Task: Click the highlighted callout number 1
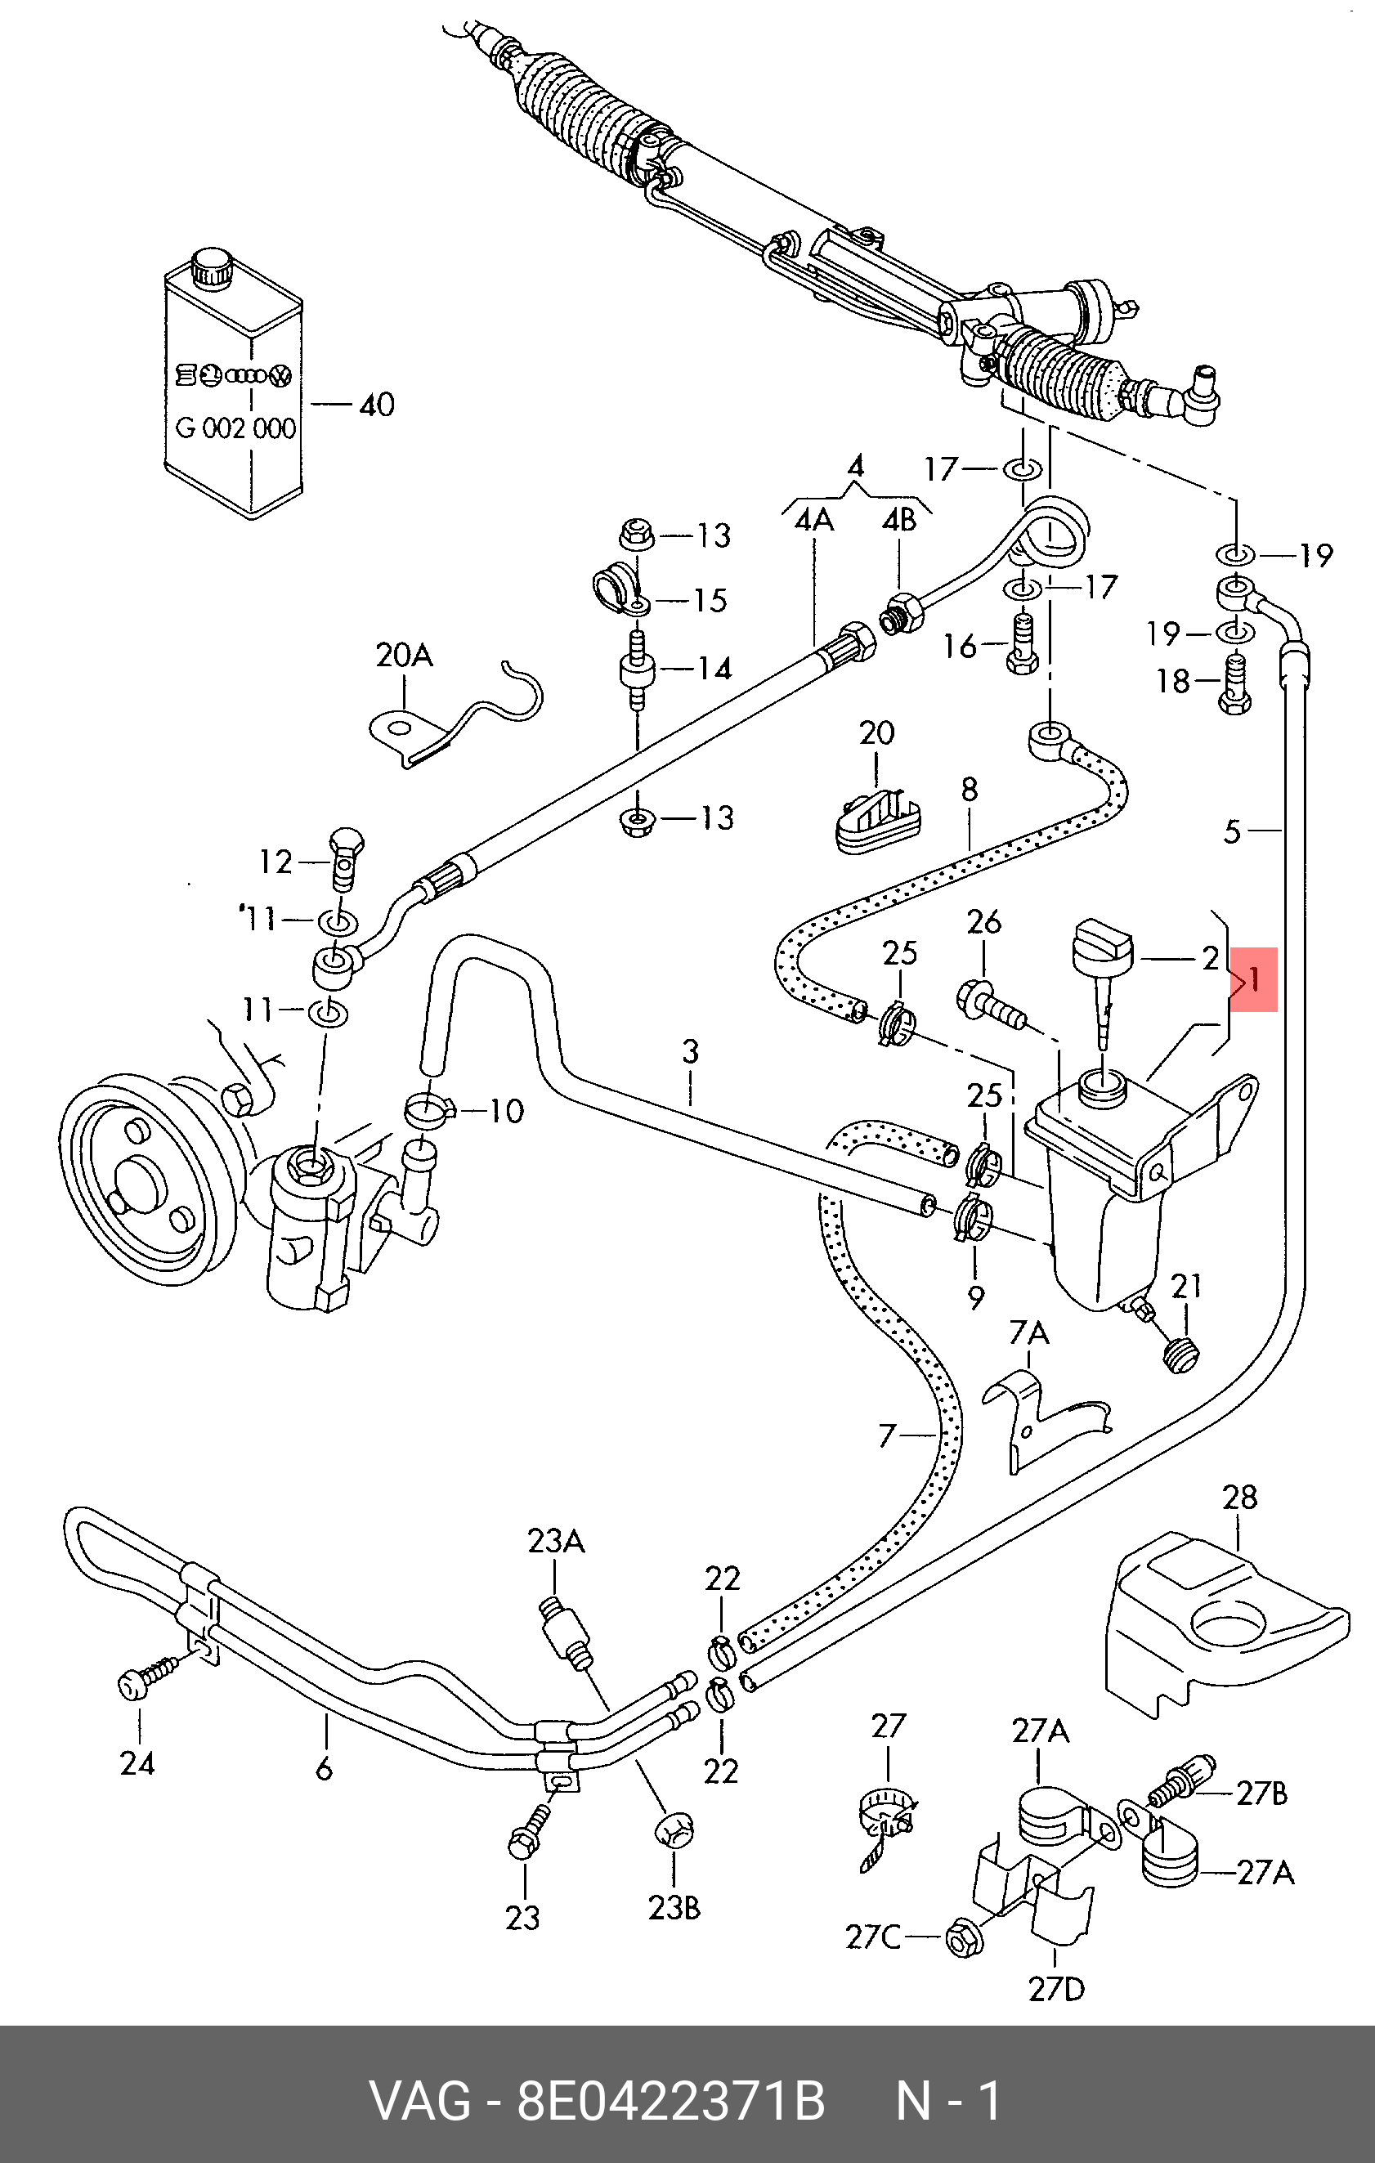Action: point(1254,979)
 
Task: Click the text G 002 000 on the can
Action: point(235,428)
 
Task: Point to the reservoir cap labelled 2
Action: point(1103,952)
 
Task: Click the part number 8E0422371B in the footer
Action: point(670,2102)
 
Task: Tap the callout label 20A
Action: point(404,655)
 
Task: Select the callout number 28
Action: point(1239,1498)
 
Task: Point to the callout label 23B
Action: point(674,1907)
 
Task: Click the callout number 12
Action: point(275,862)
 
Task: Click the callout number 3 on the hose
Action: point(690,1051)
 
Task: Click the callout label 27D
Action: point(1056,1989)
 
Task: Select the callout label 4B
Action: point(899,520)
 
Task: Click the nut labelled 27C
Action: point(964,1938)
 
